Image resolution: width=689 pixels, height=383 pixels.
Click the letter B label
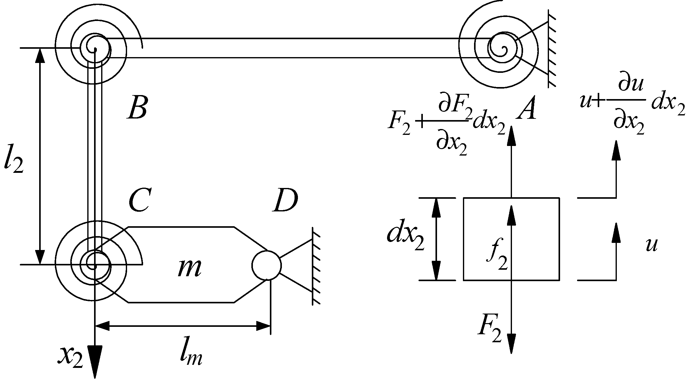tap(137, 108)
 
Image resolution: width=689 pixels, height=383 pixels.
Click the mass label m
tap(190, 268)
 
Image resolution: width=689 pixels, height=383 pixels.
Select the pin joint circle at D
tap(266, 265)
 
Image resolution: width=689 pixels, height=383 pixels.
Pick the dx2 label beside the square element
tap(405, 239)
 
